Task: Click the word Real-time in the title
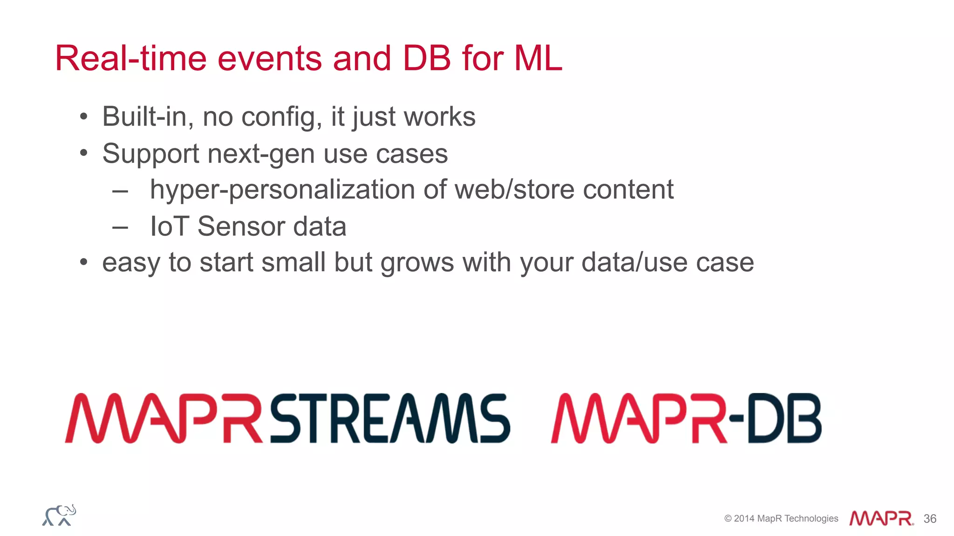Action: point(130,59)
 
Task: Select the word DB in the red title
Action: point(427,59)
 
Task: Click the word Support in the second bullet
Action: point(151,154)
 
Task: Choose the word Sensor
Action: point(241,227)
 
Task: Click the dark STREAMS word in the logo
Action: point(390,418)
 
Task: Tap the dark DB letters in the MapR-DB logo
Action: point(784,418)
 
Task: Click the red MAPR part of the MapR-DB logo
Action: point(638,418)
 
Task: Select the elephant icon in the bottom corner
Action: point(59,515)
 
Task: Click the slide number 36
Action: point(930,519)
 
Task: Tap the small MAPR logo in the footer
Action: point(881,518)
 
